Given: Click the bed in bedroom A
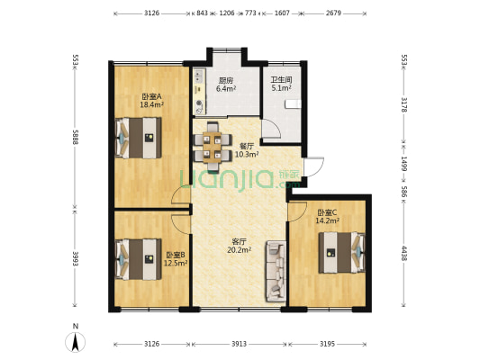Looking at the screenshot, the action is [139, 138].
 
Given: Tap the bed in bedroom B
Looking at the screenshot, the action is [139, 259].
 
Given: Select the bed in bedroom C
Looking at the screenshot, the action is [342, 253].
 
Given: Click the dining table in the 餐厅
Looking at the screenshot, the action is [213, 148].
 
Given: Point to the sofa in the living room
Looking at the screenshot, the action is [276, 271].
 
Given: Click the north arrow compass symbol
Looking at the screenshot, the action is [76, 341].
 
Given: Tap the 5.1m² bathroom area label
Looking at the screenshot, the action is [281, 88].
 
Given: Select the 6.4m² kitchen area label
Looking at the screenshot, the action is [226, 89].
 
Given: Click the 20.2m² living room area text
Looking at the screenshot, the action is [239, 250].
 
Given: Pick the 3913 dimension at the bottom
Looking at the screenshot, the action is [239, 344].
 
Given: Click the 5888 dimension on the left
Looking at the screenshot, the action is [75, 136].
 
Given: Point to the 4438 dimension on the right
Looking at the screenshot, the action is [404, 253].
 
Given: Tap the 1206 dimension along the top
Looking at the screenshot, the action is [227, 13].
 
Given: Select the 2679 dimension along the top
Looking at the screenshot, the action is [333, 13].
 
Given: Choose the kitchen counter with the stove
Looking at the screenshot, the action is [199, 92].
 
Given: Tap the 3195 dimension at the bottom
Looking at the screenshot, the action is [327, 344].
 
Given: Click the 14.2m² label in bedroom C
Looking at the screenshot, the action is [327, 220].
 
